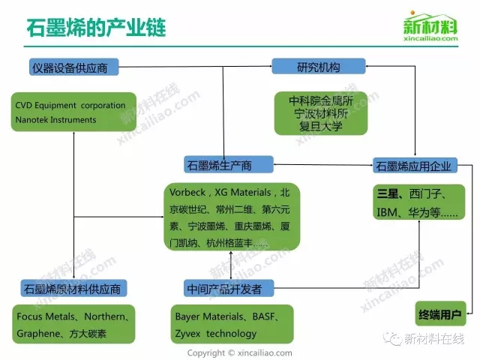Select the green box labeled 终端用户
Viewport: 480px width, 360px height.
click(x=440, y=312)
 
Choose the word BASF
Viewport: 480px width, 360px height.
click(x=265, y=317)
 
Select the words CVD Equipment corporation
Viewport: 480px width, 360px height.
click(x=70, y=106)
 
